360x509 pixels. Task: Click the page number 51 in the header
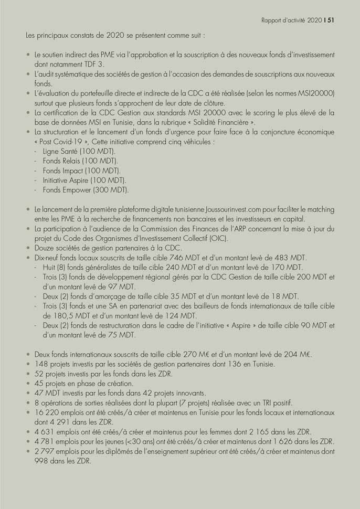click(x=331, y=21)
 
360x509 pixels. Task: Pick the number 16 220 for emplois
click(x=46, y=412)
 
